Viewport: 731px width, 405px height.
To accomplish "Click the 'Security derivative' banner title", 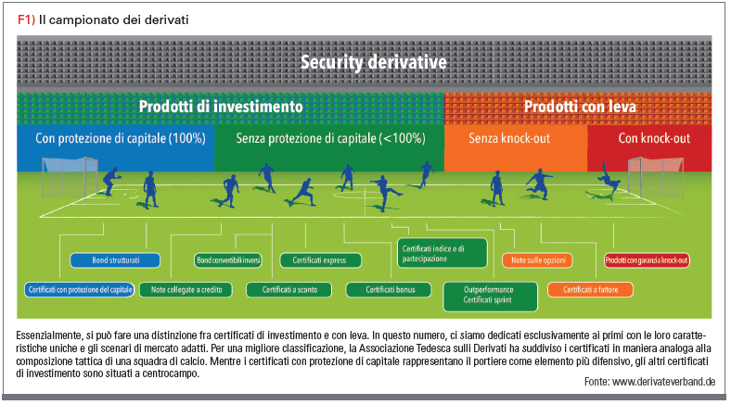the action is click(x=374, y=62).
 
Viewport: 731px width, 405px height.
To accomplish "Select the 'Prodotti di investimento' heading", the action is click(x=221, y=107).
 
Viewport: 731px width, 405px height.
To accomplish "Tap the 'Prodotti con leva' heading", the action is click(x=580, y=107).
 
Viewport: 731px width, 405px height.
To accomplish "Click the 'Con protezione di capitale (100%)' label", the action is click(x=121, y=138).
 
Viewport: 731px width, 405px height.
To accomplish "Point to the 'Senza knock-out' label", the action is click(x=509, y=138).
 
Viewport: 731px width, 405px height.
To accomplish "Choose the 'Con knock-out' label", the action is click(x=654, y=138).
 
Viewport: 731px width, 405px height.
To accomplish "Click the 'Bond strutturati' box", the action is click(x=115, y=260).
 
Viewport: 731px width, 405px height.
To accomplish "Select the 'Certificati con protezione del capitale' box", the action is click(x=80, y=289).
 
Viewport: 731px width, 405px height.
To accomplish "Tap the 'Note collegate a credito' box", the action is click(x=186, y=289).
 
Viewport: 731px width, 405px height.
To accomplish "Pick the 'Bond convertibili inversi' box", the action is click(x=228, y=260).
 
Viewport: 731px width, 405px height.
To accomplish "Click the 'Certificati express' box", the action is click(x=320, y=260).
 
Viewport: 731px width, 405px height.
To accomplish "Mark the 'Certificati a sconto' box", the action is click(x=289, y=289).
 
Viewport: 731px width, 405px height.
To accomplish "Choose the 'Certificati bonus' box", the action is click(x=389, y=289).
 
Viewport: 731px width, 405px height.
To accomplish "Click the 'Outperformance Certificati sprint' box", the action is click(x=490, y=297).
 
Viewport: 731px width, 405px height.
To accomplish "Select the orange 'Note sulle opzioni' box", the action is click(x=537, y=260).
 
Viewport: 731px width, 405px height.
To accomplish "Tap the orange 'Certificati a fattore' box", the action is click(x=590, y=289).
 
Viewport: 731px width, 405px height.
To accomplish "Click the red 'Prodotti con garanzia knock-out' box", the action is click(x=647, y=260).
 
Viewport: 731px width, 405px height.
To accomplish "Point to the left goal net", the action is click(x=69, y=177).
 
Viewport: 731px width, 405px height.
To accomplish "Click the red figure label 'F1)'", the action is click(x=26, y=19).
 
